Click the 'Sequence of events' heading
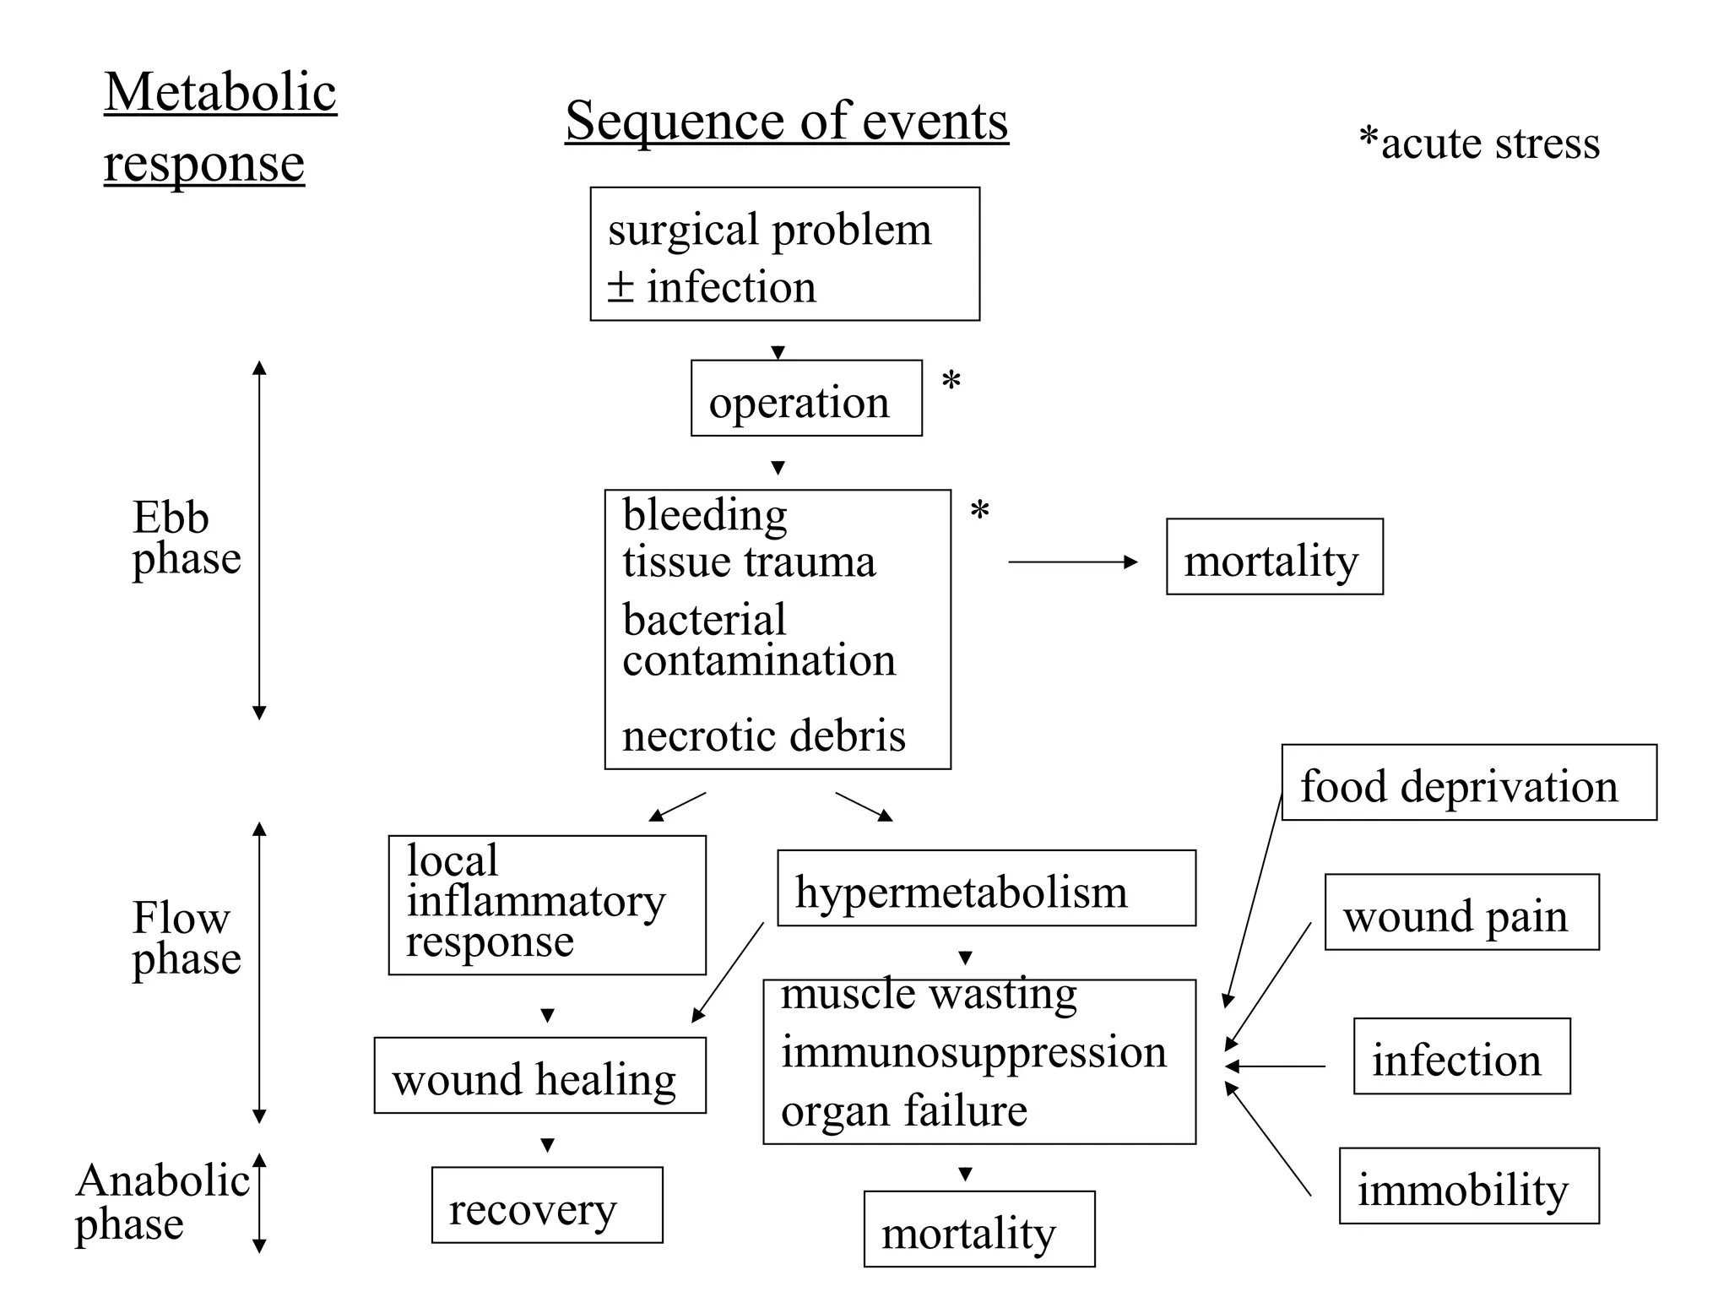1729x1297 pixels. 786,121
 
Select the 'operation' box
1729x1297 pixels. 805,399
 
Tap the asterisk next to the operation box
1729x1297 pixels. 951,383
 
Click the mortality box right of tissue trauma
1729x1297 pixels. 1274,557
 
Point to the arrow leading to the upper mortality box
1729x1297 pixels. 1072,562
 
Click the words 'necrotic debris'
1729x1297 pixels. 763,735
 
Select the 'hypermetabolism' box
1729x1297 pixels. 985,888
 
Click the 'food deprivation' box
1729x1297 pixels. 1468,783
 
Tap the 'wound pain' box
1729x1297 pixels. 1461,912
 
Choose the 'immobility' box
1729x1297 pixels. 1468,1186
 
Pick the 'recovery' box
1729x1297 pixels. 547,1205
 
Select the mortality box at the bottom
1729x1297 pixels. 978,1229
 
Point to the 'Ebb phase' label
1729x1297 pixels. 186,538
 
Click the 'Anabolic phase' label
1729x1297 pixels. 162,1202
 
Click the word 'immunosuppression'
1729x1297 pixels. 973,1052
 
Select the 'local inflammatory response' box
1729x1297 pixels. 546,904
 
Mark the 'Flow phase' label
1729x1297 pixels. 186,938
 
